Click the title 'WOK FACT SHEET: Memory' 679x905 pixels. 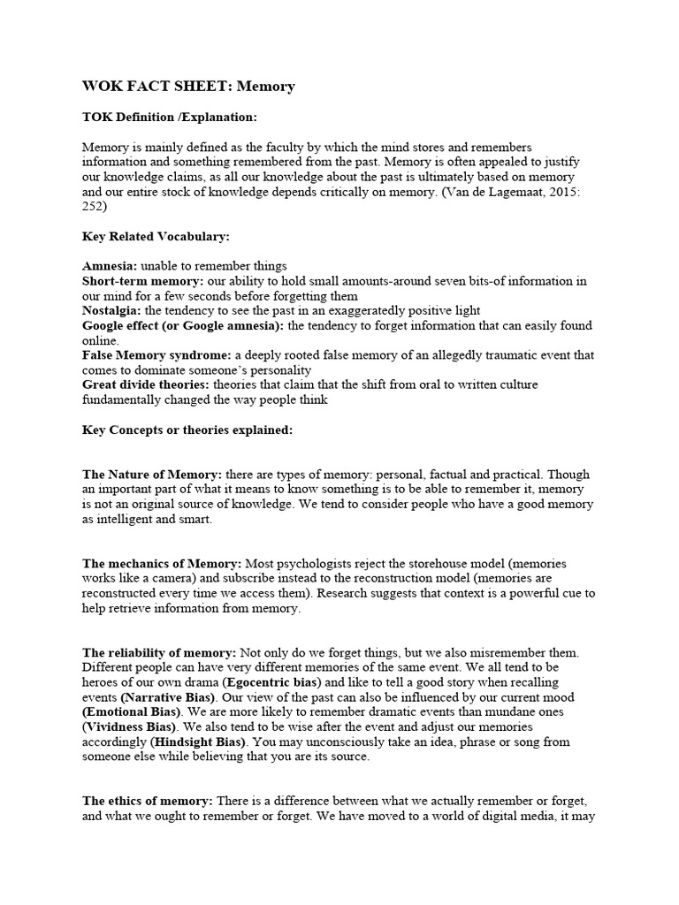pyautogui.click(x=188, y=87)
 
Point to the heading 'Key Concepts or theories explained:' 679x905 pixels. pyautogui.click(x=187, y=430)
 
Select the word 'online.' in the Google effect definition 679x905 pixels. pyautogui.click(x=100, y=340)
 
